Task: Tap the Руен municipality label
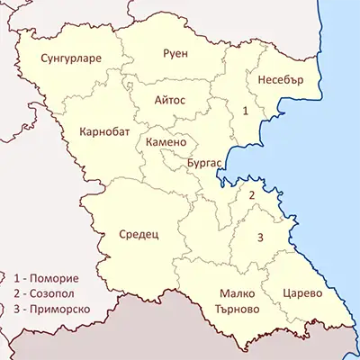point(175,53)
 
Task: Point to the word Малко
point(238,293)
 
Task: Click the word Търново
point(238,308)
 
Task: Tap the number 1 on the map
point(245,110)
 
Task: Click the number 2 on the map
point(253,194)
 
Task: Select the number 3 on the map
point(260,238)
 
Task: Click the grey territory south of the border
point(135,337)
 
